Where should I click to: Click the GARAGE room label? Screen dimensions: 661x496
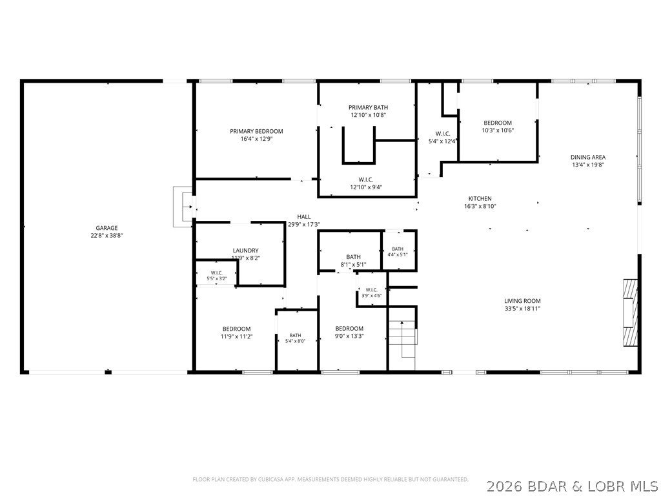tap(107, 228)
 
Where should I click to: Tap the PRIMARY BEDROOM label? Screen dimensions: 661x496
tap(256, 131)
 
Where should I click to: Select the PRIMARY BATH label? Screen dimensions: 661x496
tap(368, 108)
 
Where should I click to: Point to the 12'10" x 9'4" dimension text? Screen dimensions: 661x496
tap(366, 187)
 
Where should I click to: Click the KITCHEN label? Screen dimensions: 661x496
tap(480, 199)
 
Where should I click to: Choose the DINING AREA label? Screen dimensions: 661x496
tap(588, 158)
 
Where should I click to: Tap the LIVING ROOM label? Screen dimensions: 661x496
tap(522, 301)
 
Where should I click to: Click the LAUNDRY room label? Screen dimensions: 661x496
tap(245, 251)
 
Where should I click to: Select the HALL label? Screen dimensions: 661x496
tap(303, 217)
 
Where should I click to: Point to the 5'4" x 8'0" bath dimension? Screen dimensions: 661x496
tap(295, 341)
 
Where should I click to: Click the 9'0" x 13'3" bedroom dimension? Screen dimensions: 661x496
tap(349, 336)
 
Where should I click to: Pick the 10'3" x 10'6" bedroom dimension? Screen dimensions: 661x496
tap(498, 130)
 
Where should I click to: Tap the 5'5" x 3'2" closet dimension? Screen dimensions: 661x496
tap(217, 278)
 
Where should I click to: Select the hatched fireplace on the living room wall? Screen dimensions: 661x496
tap(630, 313)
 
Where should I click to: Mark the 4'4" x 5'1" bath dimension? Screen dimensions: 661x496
tap(398, 254)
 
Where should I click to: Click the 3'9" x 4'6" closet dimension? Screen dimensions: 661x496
tap(371, 296)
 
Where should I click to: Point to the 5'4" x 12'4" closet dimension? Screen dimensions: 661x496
tap(443, 141)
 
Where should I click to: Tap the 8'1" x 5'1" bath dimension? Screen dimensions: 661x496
tap(353, 265)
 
